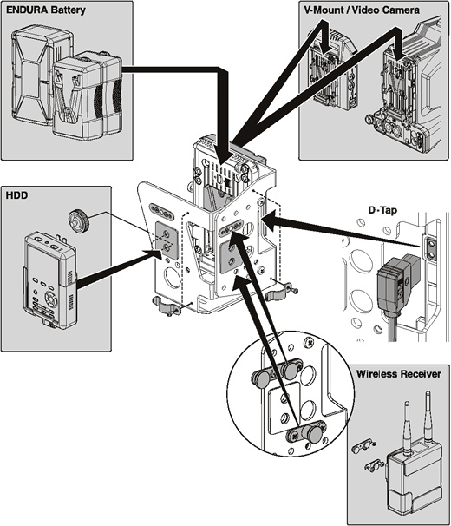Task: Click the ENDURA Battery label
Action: (46, 10)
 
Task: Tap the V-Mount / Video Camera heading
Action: (362, 10)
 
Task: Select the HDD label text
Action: (16, 195)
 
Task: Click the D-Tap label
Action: (382, 210)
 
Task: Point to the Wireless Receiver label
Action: (398, 374)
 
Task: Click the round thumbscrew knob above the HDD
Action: (78, 220)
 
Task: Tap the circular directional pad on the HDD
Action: (50, 298)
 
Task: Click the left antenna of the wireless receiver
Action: (407, 426)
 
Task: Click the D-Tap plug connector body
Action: (392, 286)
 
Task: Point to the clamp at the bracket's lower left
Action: (167, 306)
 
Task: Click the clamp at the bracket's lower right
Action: (278, 292)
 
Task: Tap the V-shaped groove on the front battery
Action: (68, 97)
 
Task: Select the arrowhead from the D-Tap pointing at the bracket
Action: (271, 220)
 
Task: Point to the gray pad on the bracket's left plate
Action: (166, 240)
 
